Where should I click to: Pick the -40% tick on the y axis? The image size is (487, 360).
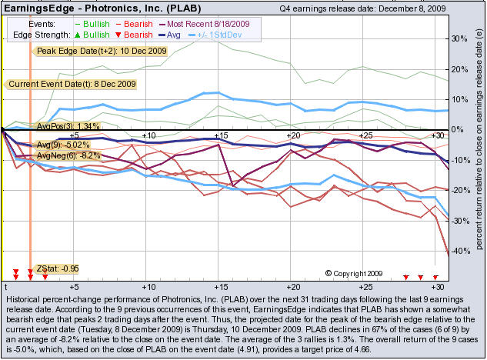coord(457,251)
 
